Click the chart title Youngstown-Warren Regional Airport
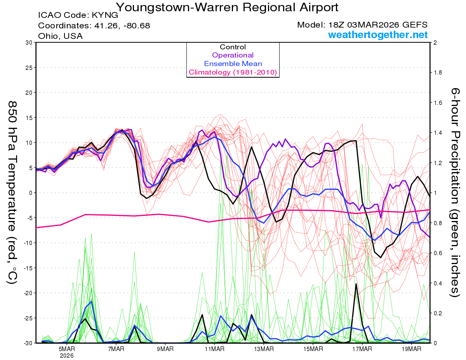coord(227,7)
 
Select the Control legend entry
coord(233,47)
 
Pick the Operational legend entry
coord(233,55)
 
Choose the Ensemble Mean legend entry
coord(233,64)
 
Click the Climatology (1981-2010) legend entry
coord(233,72)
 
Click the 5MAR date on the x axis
coord(67,348)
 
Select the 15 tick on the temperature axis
coord(28,118)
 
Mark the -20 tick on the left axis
coord(27,293)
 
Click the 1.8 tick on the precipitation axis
coord(438,73)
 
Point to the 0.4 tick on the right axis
coord(438,283)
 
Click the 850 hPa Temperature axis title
coord(12,193)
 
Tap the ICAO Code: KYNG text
coord(78,16)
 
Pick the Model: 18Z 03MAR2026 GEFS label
coord(362,25)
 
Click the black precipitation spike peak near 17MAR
coord(356,284)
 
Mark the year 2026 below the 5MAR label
coord(67,355)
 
